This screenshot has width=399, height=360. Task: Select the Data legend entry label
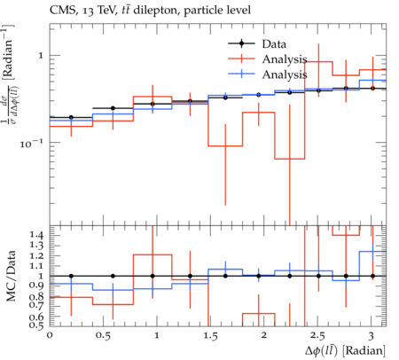point(274,44)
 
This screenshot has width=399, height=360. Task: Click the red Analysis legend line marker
point(241,59)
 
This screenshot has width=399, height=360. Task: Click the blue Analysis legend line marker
point(241,74)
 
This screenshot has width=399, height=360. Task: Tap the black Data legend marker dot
point(241,43)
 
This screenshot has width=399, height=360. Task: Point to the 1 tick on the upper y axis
point(41,55)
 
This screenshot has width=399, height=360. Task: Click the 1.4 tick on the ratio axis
point(36,235)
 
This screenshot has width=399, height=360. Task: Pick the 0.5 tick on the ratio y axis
point(36,325)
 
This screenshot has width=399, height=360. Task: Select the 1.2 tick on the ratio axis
point(36,255)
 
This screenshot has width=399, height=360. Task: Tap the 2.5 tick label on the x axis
point(317,336)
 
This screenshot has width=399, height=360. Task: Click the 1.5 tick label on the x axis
point(210,336)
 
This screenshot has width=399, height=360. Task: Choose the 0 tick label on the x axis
point(50,335)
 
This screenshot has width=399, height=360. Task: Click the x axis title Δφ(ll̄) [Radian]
point(345,351)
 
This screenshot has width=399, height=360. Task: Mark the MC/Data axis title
point(11,276)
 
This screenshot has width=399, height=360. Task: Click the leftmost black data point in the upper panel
point(71,117)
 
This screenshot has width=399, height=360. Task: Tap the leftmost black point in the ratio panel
point(71,276)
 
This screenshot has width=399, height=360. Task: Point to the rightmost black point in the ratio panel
point(372,276)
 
